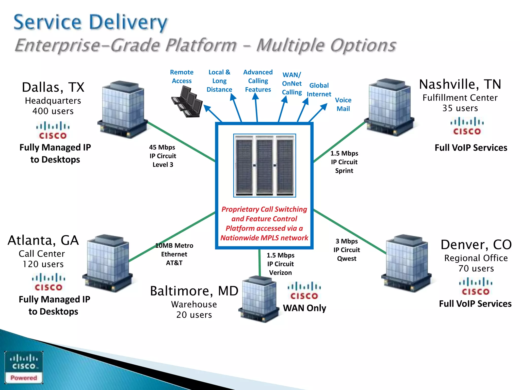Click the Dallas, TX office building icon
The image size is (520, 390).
tap(123, 109)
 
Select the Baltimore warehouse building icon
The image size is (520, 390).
tap(259, 299)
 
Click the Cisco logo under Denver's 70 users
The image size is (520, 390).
tap(476, 286)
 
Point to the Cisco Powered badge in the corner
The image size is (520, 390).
tap(24, 367)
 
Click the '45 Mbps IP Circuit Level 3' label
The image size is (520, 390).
tap(162, 156)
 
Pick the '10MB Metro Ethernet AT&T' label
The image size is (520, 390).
tap(174, 254)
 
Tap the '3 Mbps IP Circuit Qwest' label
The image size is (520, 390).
tap(347, 250)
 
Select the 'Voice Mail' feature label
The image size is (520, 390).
tap(343, 104)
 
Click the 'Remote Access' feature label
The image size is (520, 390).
tap(182, 76)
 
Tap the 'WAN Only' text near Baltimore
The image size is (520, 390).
tap(304, 308)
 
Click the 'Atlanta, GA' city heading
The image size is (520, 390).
tap(43, 240)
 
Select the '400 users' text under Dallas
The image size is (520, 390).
tap(53, 111)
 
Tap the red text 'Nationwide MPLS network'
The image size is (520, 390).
tap(264, 238)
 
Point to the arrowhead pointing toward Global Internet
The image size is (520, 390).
tap(306, 101)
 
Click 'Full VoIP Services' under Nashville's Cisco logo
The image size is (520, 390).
tap(471, 148)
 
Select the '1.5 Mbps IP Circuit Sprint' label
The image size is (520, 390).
tap(344, 162)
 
